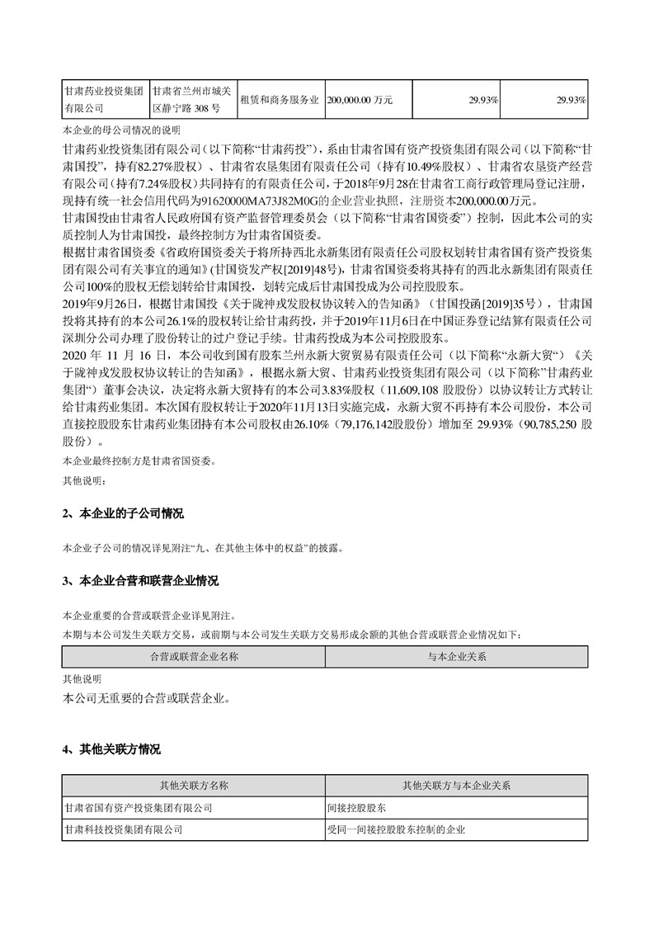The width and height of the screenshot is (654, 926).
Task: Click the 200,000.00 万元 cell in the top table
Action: pyautogui.click(x=360, y=99)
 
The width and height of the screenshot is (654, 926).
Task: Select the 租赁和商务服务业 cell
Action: pyautogui.click(x=280, y=99)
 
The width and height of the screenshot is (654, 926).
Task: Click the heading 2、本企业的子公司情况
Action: pyautogui.click(x=123, y=513)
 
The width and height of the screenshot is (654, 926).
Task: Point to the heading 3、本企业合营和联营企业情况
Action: pyautogui.click(x=140, y=582)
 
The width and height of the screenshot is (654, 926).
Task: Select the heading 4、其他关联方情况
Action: pyautogui.click(x=111, y=749)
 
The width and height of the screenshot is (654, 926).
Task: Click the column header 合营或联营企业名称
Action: pyautogui.click(x=194, y=657)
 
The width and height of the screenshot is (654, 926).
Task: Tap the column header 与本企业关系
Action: pyautogui.click(x=457, y=657)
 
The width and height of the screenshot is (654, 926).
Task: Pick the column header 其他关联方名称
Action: pyautogui.click(x=194, y=784)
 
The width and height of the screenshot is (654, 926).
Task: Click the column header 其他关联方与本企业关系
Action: pyautogui.click(x=457, y=784)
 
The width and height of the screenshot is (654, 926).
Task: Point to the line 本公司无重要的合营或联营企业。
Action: pyautogui.click(x=144, y=698)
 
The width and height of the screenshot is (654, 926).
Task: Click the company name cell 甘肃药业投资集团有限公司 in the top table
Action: pyautogui.click(x=105, y=99)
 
